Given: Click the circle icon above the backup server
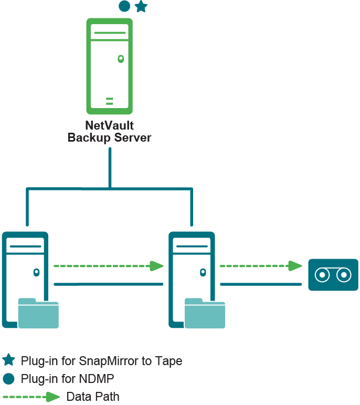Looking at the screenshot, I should pos(124,6).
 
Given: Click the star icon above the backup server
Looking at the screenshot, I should pos(141,6).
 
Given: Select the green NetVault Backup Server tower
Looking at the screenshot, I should pos(109,66).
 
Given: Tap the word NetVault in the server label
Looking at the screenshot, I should pos(109,126).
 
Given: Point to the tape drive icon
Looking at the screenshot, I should pos(333,274).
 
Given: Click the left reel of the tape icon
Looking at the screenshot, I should pos(321,274).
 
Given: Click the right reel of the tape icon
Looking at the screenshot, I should pos(344,274).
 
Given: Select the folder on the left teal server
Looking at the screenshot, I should pos(38,313).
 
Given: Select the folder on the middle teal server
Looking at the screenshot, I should pos(205,313).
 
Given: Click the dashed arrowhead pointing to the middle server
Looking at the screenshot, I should pos(157,266).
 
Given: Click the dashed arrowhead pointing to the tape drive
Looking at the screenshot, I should pos(296,266).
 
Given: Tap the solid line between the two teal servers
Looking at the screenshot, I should pos(109,284).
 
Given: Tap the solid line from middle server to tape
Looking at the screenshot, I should pos(261,284).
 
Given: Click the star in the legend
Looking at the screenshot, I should pos(8,360).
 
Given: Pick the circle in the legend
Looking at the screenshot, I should pos(8,378).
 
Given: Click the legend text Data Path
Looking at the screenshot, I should pos(93,397).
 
